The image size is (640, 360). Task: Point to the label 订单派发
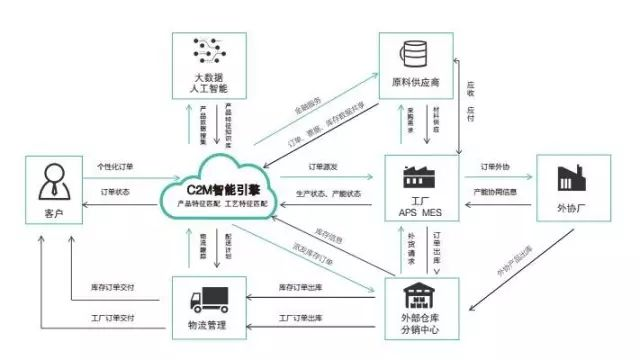[x=330, y=166]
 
